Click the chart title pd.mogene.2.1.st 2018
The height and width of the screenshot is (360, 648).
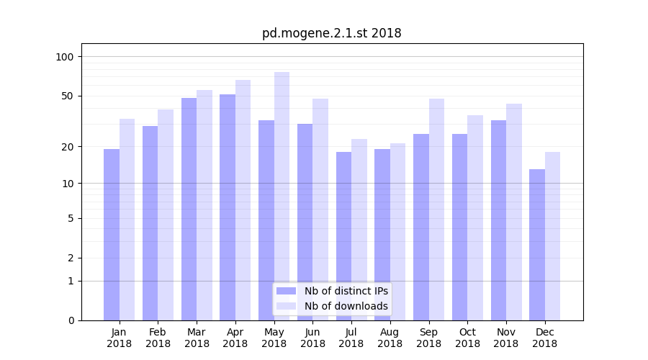[x=331, y=33]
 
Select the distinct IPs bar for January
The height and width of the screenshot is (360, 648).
[x=112, y=235]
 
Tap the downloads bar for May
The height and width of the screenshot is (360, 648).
[x=282, y=196]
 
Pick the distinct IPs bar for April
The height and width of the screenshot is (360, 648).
[x=228, y=207]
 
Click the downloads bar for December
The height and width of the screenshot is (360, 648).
[x=552, y=236]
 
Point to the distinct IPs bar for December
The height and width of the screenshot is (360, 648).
[x=537, y=245]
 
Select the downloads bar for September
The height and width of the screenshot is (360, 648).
[x=436, y=210]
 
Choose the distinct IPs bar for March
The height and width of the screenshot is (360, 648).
[x=189, y=209]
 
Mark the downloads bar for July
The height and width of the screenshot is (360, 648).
[x=359, y=230]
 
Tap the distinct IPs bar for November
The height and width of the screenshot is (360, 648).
[x=498, y=220]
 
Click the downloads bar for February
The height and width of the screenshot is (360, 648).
[x=166, y=215]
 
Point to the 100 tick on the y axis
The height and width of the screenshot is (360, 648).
[x=65, y=57]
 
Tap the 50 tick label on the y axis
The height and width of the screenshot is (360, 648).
[x=68, y=96]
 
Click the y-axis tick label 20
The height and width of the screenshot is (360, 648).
[x=68, y=147]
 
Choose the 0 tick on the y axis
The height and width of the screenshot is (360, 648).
[x=71, y=320]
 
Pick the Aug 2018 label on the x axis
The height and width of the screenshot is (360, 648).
[x=390, y=338]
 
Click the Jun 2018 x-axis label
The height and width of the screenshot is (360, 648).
[x=312, y=338]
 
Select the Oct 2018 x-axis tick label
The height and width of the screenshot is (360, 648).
[x=467, y=338]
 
